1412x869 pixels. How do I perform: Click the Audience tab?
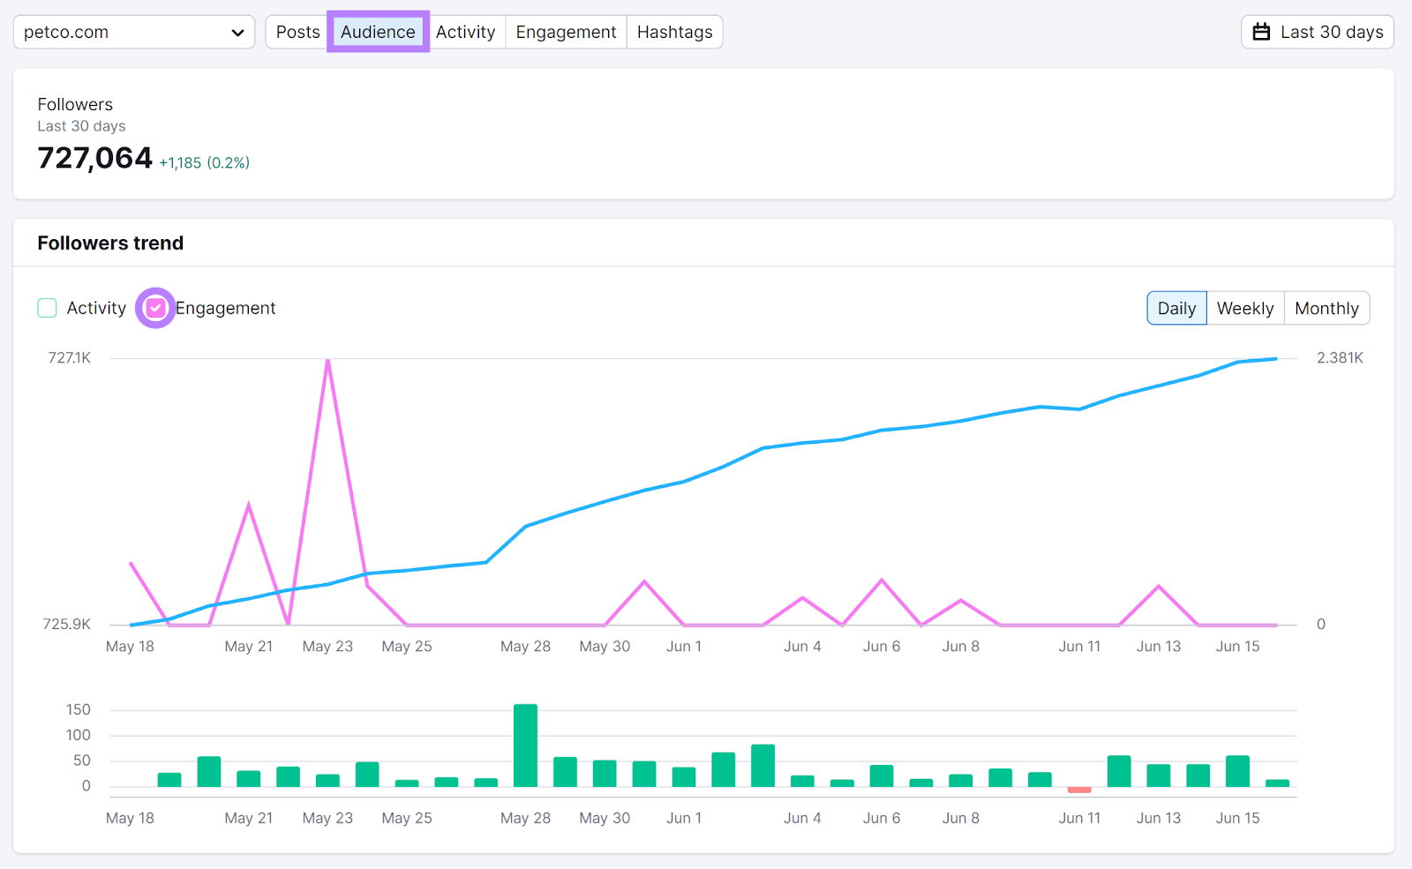pos(378,32)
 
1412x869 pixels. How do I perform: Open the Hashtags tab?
pos(674,32)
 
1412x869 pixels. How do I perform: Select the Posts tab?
pos(297,32)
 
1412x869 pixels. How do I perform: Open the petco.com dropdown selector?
pos(134,33)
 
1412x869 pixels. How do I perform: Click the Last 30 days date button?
pos(1318,32)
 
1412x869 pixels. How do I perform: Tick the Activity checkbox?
pos(48,308)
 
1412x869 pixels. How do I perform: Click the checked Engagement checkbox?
pos(155,308)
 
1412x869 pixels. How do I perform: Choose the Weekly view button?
pos(1245,308)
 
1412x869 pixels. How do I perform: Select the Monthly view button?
pos(1326,308)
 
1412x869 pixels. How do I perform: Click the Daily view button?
pos(1176,308)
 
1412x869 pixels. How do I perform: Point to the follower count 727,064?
pos(95,158)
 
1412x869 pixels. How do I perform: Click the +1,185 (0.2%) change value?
pos(205,162)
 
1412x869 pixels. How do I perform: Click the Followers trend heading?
pos(110,243)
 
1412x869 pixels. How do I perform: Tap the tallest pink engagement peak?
pos(327,362)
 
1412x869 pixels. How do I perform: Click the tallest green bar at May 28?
pos(525,745)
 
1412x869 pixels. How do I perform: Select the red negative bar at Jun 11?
pos(1079,790)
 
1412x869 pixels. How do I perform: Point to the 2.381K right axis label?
pos(1340,357)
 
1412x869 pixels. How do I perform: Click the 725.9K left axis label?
pos(67,624)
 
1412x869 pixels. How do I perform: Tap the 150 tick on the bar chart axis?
pos(79,709)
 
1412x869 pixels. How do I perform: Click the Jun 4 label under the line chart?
pos(802,646)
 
